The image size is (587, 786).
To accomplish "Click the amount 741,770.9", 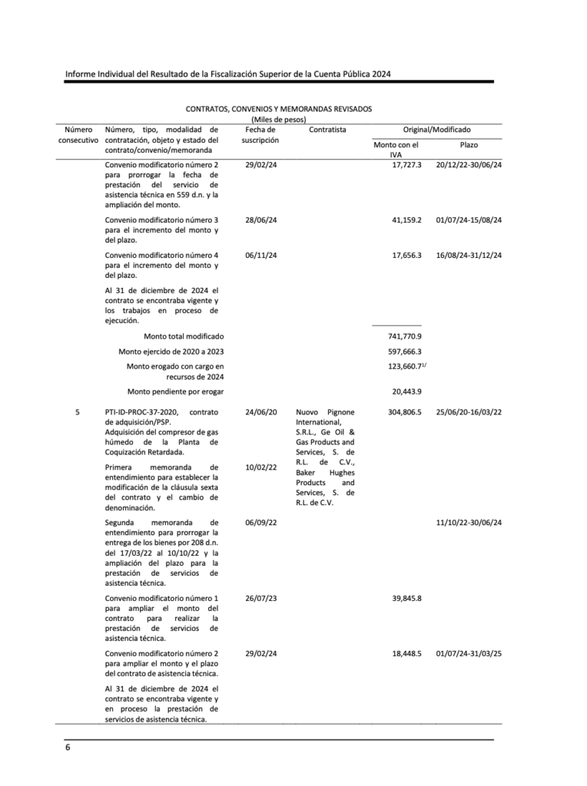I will coord(406,337).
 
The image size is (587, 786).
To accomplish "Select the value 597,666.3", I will coord(406,352).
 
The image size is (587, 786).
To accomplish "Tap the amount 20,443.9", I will coord(406,391).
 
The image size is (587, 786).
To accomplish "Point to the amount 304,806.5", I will coord(406,412).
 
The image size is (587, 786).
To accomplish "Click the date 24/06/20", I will coord(260,412).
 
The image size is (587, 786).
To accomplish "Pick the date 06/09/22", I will coord(260,522).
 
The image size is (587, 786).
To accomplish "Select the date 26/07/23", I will coord(260,598).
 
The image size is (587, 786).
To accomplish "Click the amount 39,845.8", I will coord(406,598).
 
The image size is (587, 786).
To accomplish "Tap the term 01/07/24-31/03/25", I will coord(468,653).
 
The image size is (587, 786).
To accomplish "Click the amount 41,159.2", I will coord(406,220).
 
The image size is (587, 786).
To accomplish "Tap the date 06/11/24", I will coord(260,255).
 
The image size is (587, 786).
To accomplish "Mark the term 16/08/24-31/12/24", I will coord(468,255).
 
